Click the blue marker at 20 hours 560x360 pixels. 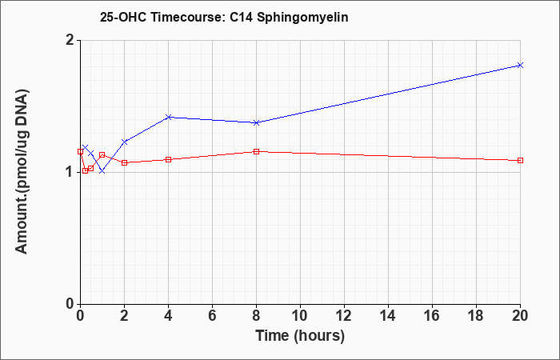tap(520, 65)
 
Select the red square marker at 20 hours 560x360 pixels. tap(520, 160)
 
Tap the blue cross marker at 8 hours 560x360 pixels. tap(256, 122)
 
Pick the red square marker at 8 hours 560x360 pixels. tap(256, 152)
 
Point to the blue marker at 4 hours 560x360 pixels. tap(169, 117)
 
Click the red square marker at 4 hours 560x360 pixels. tap(169, 159)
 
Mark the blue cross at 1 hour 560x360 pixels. tap(102, 171)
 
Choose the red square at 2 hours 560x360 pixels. tap(125, 162)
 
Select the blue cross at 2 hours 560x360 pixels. tap(125, 142)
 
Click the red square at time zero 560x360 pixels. tap(80, 151)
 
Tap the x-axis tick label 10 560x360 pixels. tap(300, 316)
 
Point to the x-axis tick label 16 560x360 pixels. tap(432, 316)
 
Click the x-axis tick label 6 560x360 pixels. tap(212, 316)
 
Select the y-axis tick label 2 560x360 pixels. tap(70, 40)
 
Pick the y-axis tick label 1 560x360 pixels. tap(70, 173)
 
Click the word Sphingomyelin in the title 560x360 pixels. tap(302, 18)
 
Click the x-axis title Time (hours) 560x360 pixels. tap(300, 336)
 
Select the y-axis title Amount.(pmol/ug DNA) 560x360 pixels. tap(22, 172)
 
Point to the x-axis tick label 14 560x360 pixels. tap(388, 316)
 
